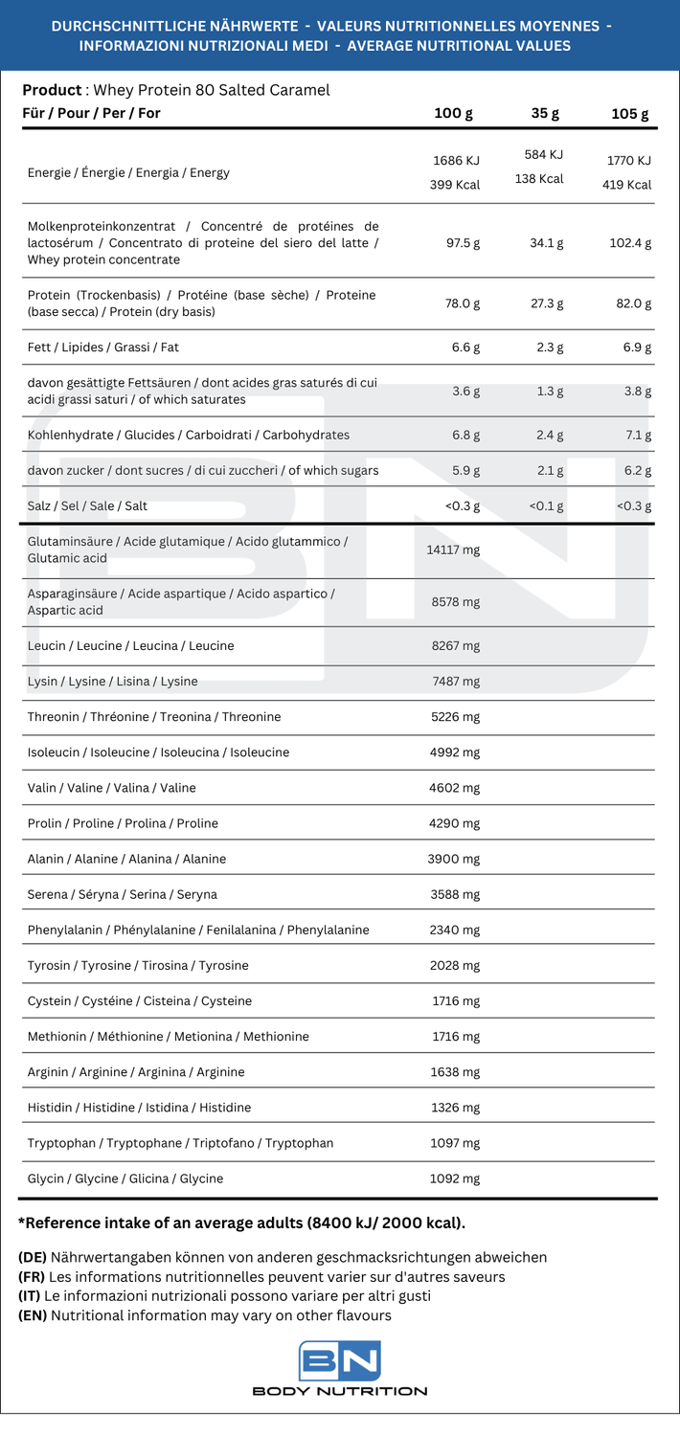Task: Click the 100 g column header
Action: [454, 114]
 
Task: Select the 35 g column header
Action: [545, 114]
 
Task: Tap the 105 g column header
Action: [630, 114]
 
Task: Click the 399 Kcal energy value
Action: [455, 185]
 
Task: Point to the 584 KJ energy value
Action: [544, 154]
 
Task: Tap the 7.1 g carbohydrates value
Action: [638, 435]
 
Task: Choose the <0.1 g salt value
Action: [545, 505]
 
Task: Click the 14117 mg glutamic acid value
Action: [453, 550]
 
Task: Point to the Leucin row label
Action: [131, 646]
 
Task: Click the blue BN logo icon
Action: [340, 1360]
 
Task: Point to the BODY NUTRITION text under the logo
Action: [340, 1391]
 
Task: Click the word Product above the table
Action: [52, 90]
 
